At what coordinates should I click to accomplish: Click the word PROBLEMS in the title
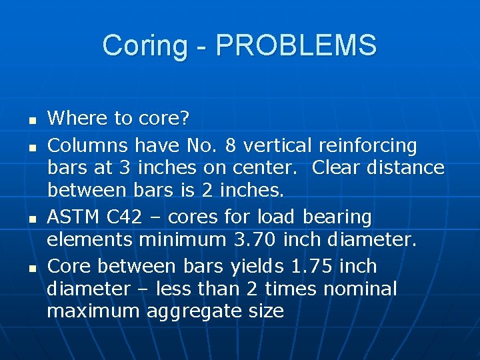tap(297, 46)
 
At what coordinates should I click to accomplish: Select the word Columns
tap(89, 145)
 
